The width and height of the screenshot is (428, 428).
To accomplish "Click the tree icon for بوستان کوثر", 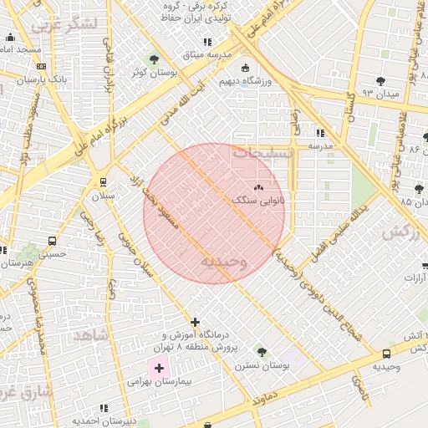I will pyautogui.click(x=153, y=59).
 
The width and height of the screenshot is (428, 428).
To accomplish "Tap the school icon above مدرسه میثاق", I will pyautogui.click(x=207, y=42).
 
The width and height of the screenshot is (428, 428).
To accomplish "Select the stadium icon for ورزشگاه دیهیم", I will pyautogui.click(x=244, y=69).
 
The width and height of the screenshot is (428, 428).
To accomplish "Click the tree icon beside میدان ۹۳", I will pyautogui.click(x=381, y=81).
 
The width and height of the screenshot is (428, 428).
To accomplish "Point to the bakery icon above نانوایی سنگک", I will pyautogui.click(x=257, y=189).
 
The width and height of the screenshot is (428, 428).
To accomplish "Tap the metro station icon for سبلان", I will pyautogui.click(x=103, y=181).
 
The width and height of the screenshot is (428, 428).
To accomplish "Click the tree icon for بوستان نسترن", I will pyautogui.click(x=262, y=352).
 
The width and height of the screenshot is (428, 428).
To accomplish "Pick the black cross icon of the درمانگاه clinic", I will pyautogui.click(x=196, y=322).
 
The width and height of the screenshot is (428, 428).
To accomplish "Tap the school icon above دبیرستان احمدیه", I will pyautogui.click(x=104, y=408).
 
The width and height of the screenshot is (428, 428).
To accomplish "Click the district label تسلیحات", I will pyautogui.click(x=263, y=155).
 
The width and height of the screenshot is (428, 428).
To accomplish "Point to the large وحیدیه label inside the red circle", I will pyautogui.click(x=223, y=262).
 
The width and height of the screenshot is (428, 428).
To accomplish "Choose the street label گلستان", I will pyautogui.click(x=351, y=104).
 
